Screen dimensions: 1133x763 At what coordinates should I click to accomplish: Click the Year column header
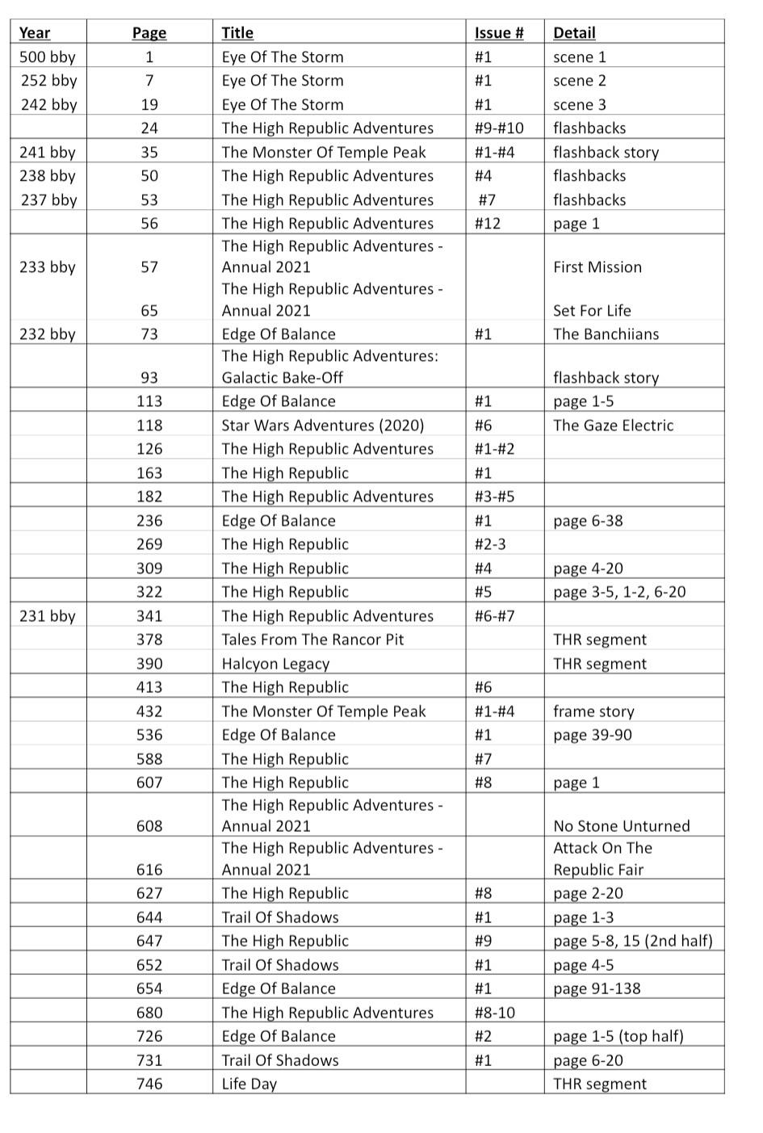click(x=35, y=33)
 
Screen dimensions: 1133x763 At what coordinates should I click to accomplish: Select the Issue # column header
click(x=498, y=33)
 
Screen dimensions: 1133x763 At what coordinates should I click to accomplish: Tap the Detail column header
click(x=574, y=33)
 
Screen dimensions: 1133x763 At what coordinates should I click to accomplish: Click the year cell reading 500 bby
click(x=48, y=57)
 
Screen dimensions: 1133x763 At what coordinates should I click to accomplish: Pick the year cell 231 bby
click(x=48, y=616)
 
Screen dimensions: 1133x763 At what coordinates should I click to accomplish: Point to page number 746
click(x=149, y=1084)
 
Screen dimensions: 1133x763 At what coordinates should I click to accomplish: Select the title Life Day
click(x=249, y=1084)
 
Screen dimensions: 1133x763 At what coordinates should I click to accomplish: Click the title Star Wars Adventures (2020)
click(x=322, y=426)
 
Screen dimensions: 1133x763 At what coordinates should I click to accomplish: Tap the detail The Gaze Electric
click(x=613, y=426)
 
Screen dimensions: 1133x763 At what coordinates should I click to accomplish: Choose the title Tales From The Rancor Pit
click(x=312, y=640)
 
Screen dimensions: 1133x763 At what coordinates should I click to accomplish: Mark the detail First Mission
click(x=597, y=267)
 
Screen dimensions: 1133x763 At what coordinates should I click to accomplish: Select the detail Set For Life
click(x=592, y=311)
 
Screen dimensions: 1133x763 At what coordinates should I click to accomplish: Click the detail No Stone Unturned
click(x=622, y=826)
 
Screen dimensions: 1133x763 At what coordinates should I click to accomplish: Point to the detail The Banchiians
click(x=606, y=334)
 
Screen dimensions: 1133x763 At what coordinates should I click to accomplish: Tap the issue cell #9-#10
click(x=498, y=128)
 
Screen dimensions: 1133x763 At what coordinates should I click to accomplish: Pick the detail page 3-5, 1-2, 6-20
click(x=619, y=592)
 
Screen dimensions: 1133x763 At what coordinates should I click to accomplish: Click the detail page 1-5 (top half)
click(x=618, y=1036)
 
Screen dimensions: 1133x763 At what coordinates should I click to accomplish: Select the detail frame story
click(x=593, y=711)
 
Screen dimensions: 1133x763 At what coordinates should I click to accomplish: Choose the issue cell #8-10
click(x=494, y=1013)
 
